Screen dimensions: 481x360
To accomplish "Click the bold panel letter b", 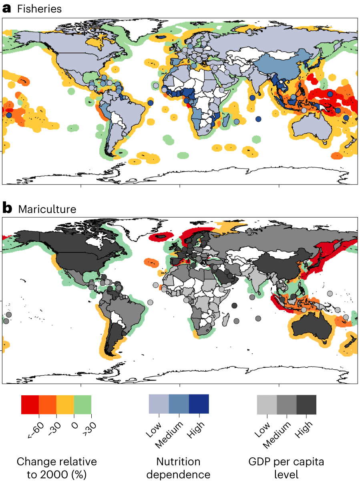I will coord(7,208).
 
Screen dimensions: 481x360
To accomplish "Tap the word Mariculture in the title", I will coord(47,209).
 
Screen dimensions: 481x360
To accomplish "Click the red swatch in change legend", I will coord(30,405).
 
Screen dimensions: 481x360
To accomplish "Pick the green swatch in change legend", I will coord(82,405).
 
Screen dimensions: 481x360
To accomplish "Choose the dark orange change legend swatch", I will coord(48,405).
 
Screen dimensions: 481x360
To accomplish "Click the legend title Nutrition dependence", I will coord(178,468).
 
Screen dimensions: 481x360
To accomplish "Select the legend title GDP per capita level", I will coord(286,468).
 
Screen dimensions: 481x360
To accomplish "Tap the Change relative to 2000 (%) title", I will coord(56,468).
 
